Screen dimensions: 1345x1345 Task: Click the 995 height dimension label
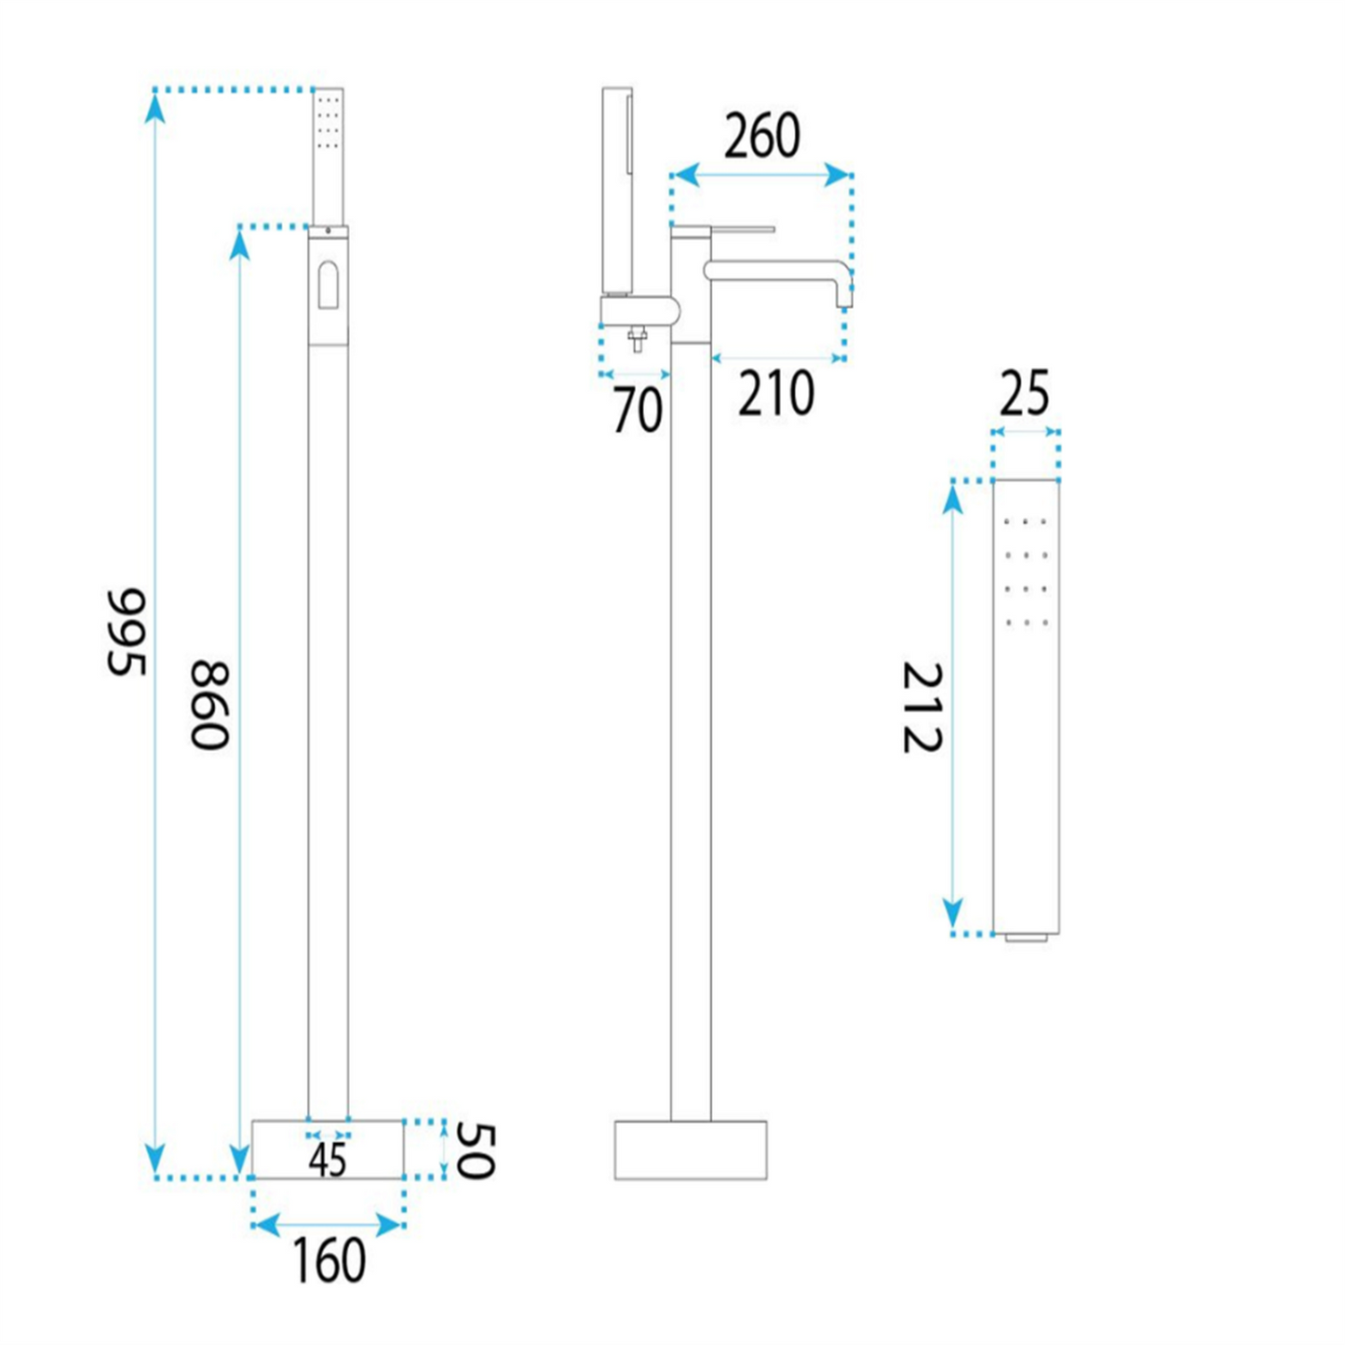pyautogui.click(x=127, y=632)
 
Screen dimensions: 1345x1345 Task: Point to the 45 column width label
pyautogui.click(x=328, y=1161)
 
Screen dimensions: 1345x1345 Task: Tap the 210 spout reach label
pyautogui.click(x=775, y=394)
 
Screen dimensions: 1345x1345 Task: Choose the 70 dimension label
pyautogui.click(x=638, y=410)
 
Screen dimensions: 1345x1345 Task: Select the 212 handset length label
pyautogui.click(x=922, y=707)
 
